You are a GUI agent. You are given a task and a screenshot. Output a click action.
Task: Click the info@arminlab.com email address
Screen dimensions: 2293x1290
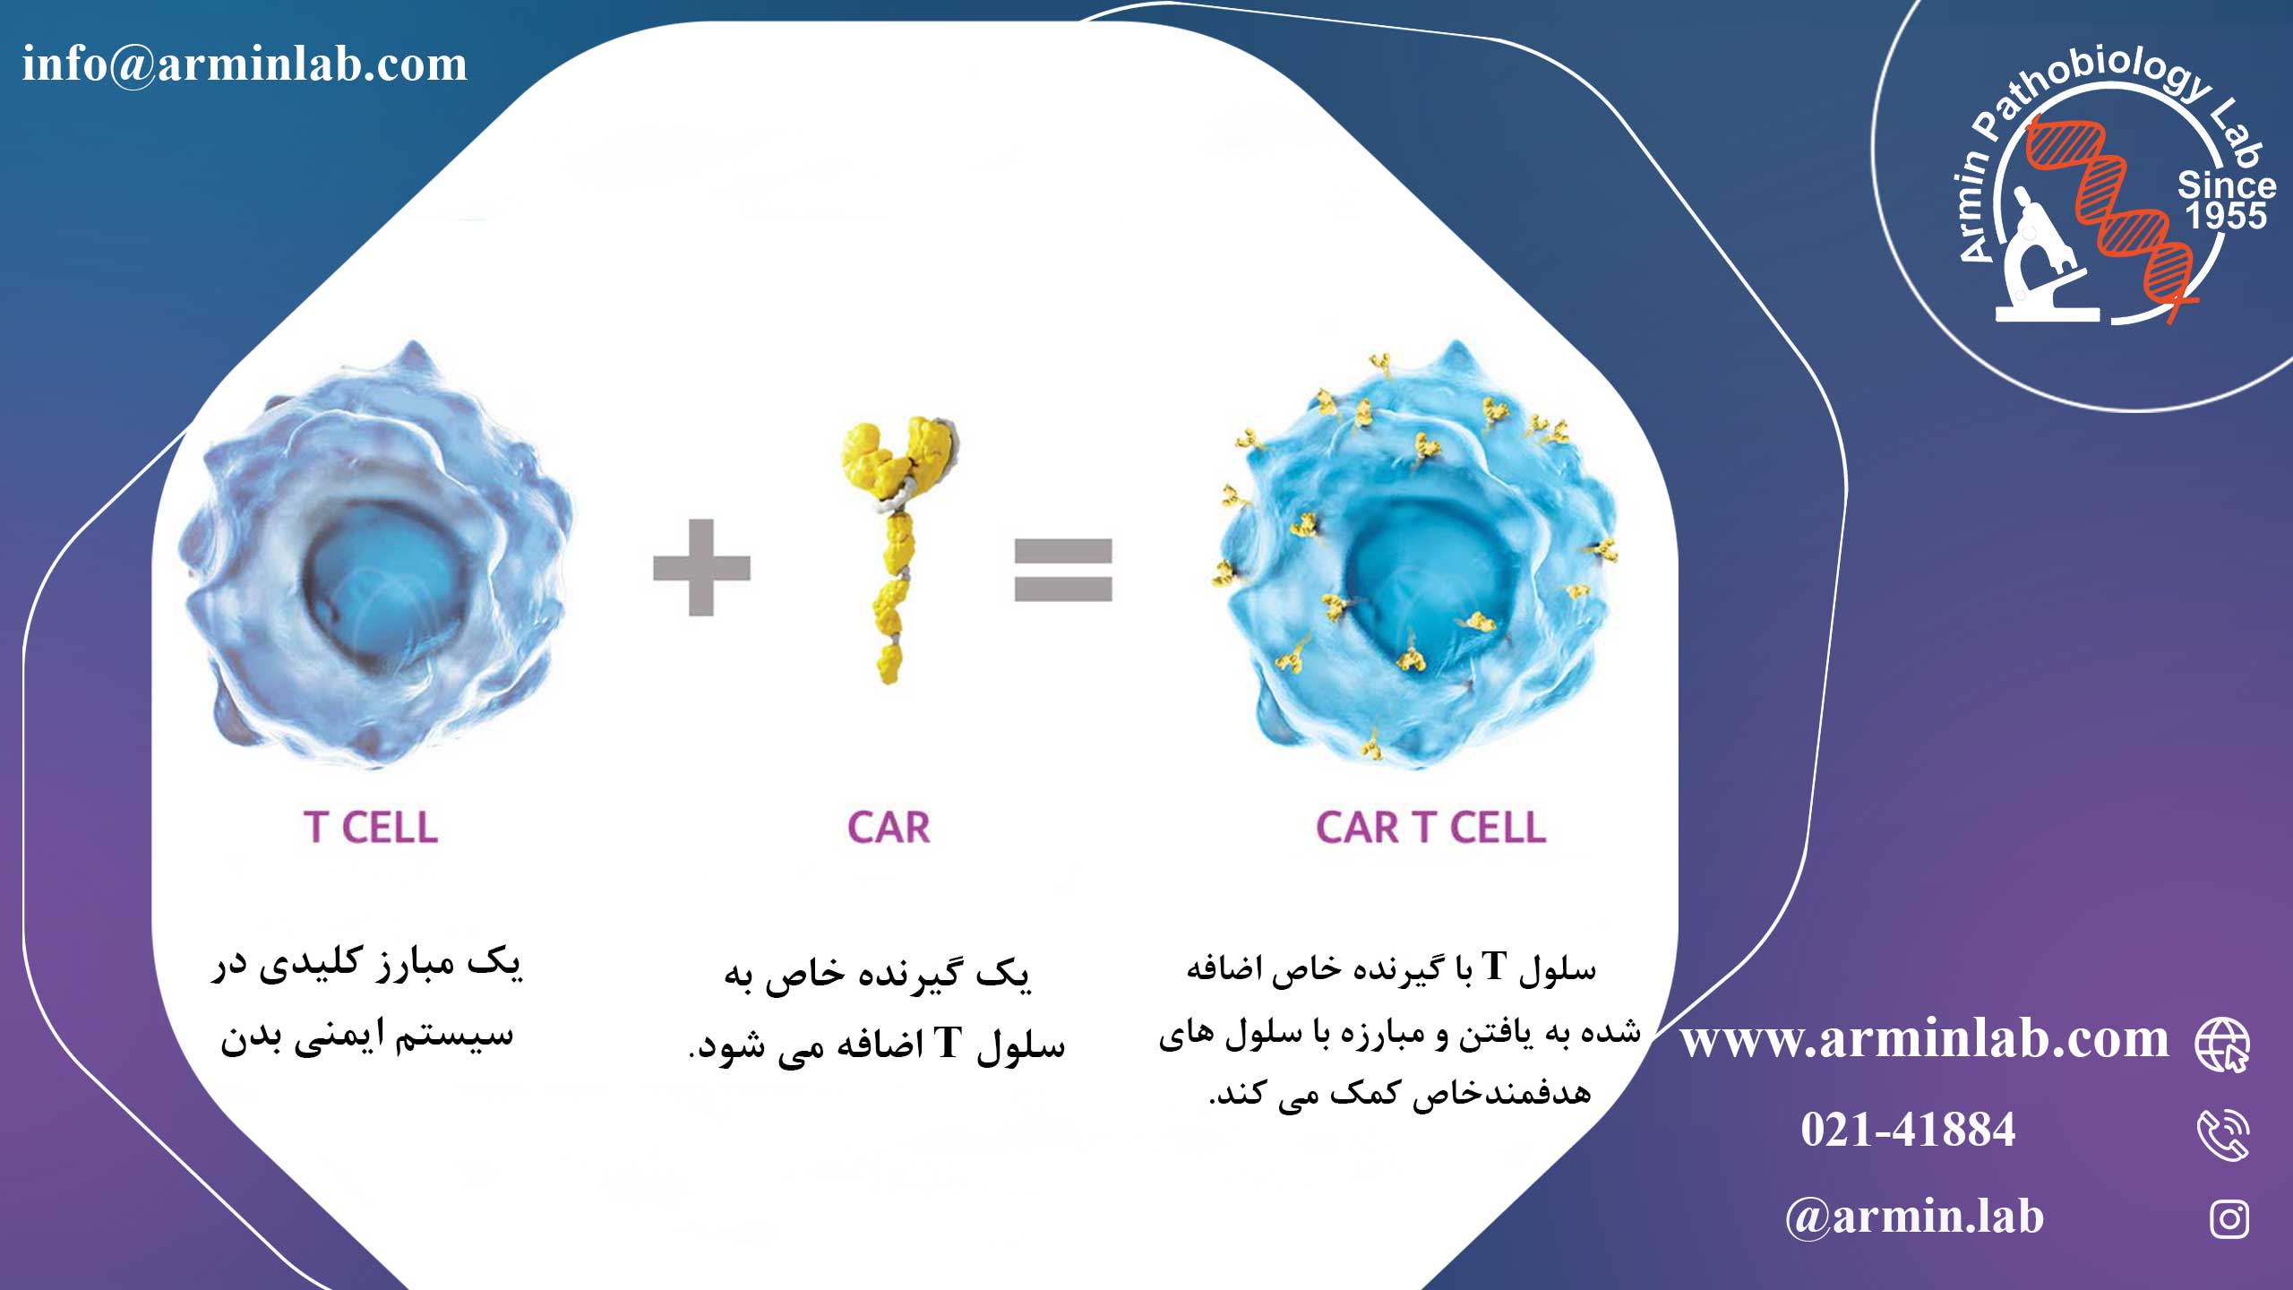click(245, 64)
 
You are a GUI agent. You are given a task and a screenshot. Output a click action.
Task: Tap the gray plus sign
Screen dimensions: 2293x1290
click(701, 567)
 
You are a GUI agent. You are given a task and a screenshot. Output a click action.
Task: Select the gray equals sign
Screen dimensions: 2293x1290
click(1063, 569)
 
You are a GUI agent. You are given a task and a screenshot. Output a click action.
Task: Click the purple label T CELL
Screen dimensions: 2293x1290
click(371, 828)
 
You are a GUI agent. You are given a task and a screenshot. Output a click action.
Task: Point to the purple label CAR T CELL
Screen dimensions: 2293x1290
click(1430, 828)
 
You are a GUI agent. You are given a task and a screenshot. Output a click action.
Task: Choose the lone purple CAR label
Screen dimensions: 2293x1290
click(889, 828)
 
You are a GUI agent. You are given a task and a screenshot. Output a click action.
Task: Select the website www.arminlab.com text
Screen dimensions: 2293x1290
click(1924, 1040)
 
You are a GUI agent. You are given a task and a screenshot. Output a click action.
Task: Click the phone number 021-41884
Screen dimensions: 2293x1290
click(1908, 1130)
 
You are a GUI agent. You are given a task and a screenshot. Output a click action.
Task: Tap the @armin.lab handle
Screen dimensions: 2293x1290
click(1914, 1217)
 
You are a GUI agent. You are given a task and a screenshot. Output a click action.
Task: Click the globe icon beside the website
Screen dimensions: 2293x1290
click(2223, 1045)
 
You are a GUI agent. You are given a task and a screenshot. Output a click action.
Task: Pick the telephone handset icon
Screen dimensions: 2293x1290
click(2223, 1135)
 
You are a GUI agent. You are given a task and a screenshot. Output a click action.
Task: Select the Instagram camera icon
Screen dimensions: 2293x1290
click(2229, 1219)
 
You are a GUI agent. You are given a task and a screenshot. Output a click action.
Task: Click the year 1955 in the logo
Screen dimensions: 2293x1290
click(2226, 216)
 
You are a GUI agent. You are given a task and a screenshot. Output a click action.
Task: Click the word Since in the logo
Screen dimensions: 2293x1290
click(2227, 185)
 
